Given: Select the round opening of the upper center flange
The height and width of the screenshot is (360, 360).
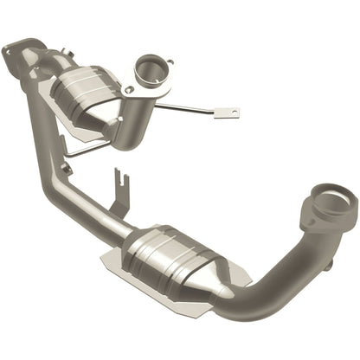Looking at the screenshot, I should pos(151,69).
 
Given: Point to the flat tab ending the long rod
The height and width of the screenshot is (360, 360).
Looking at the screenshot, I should pos(228,112).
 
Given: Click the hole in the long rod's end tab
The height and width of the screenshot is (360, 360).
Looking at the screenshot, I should pos(231,112).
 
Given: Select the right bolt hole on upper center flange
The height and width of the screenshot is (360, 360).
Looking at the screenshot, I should pos(170,62).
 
